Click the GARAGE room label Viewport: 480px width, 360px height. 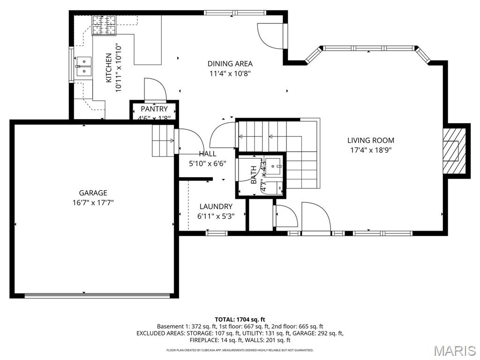93,193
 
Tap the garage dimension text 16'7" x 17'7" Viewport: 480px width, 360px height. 93,202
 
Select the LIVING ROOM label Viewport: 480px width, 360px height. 370,140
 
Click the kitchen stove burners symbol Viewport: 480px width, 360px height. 104,25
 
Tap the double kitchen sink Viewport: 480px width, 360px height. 84,66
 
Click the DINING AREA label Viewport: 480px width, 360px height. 230,64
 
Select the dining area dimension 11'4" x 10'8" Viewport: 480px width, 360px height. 230,73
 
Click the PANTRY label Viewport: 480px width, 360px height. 154,109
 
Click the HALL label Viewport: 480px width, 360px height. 208,154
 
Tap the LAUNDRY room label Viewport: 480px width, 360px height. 216,206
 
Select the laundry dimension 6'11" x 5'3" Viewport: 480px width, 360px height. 216,216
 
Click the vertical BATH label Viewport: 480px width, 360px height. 254,174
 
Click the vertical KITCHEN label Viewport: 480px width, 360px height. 108,68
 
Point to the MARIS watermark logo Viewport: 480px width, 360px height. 454,351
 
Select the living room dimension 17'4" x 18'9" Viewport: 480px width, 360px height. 370,150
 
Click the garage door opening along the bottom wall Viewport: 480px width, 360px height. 97,295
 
